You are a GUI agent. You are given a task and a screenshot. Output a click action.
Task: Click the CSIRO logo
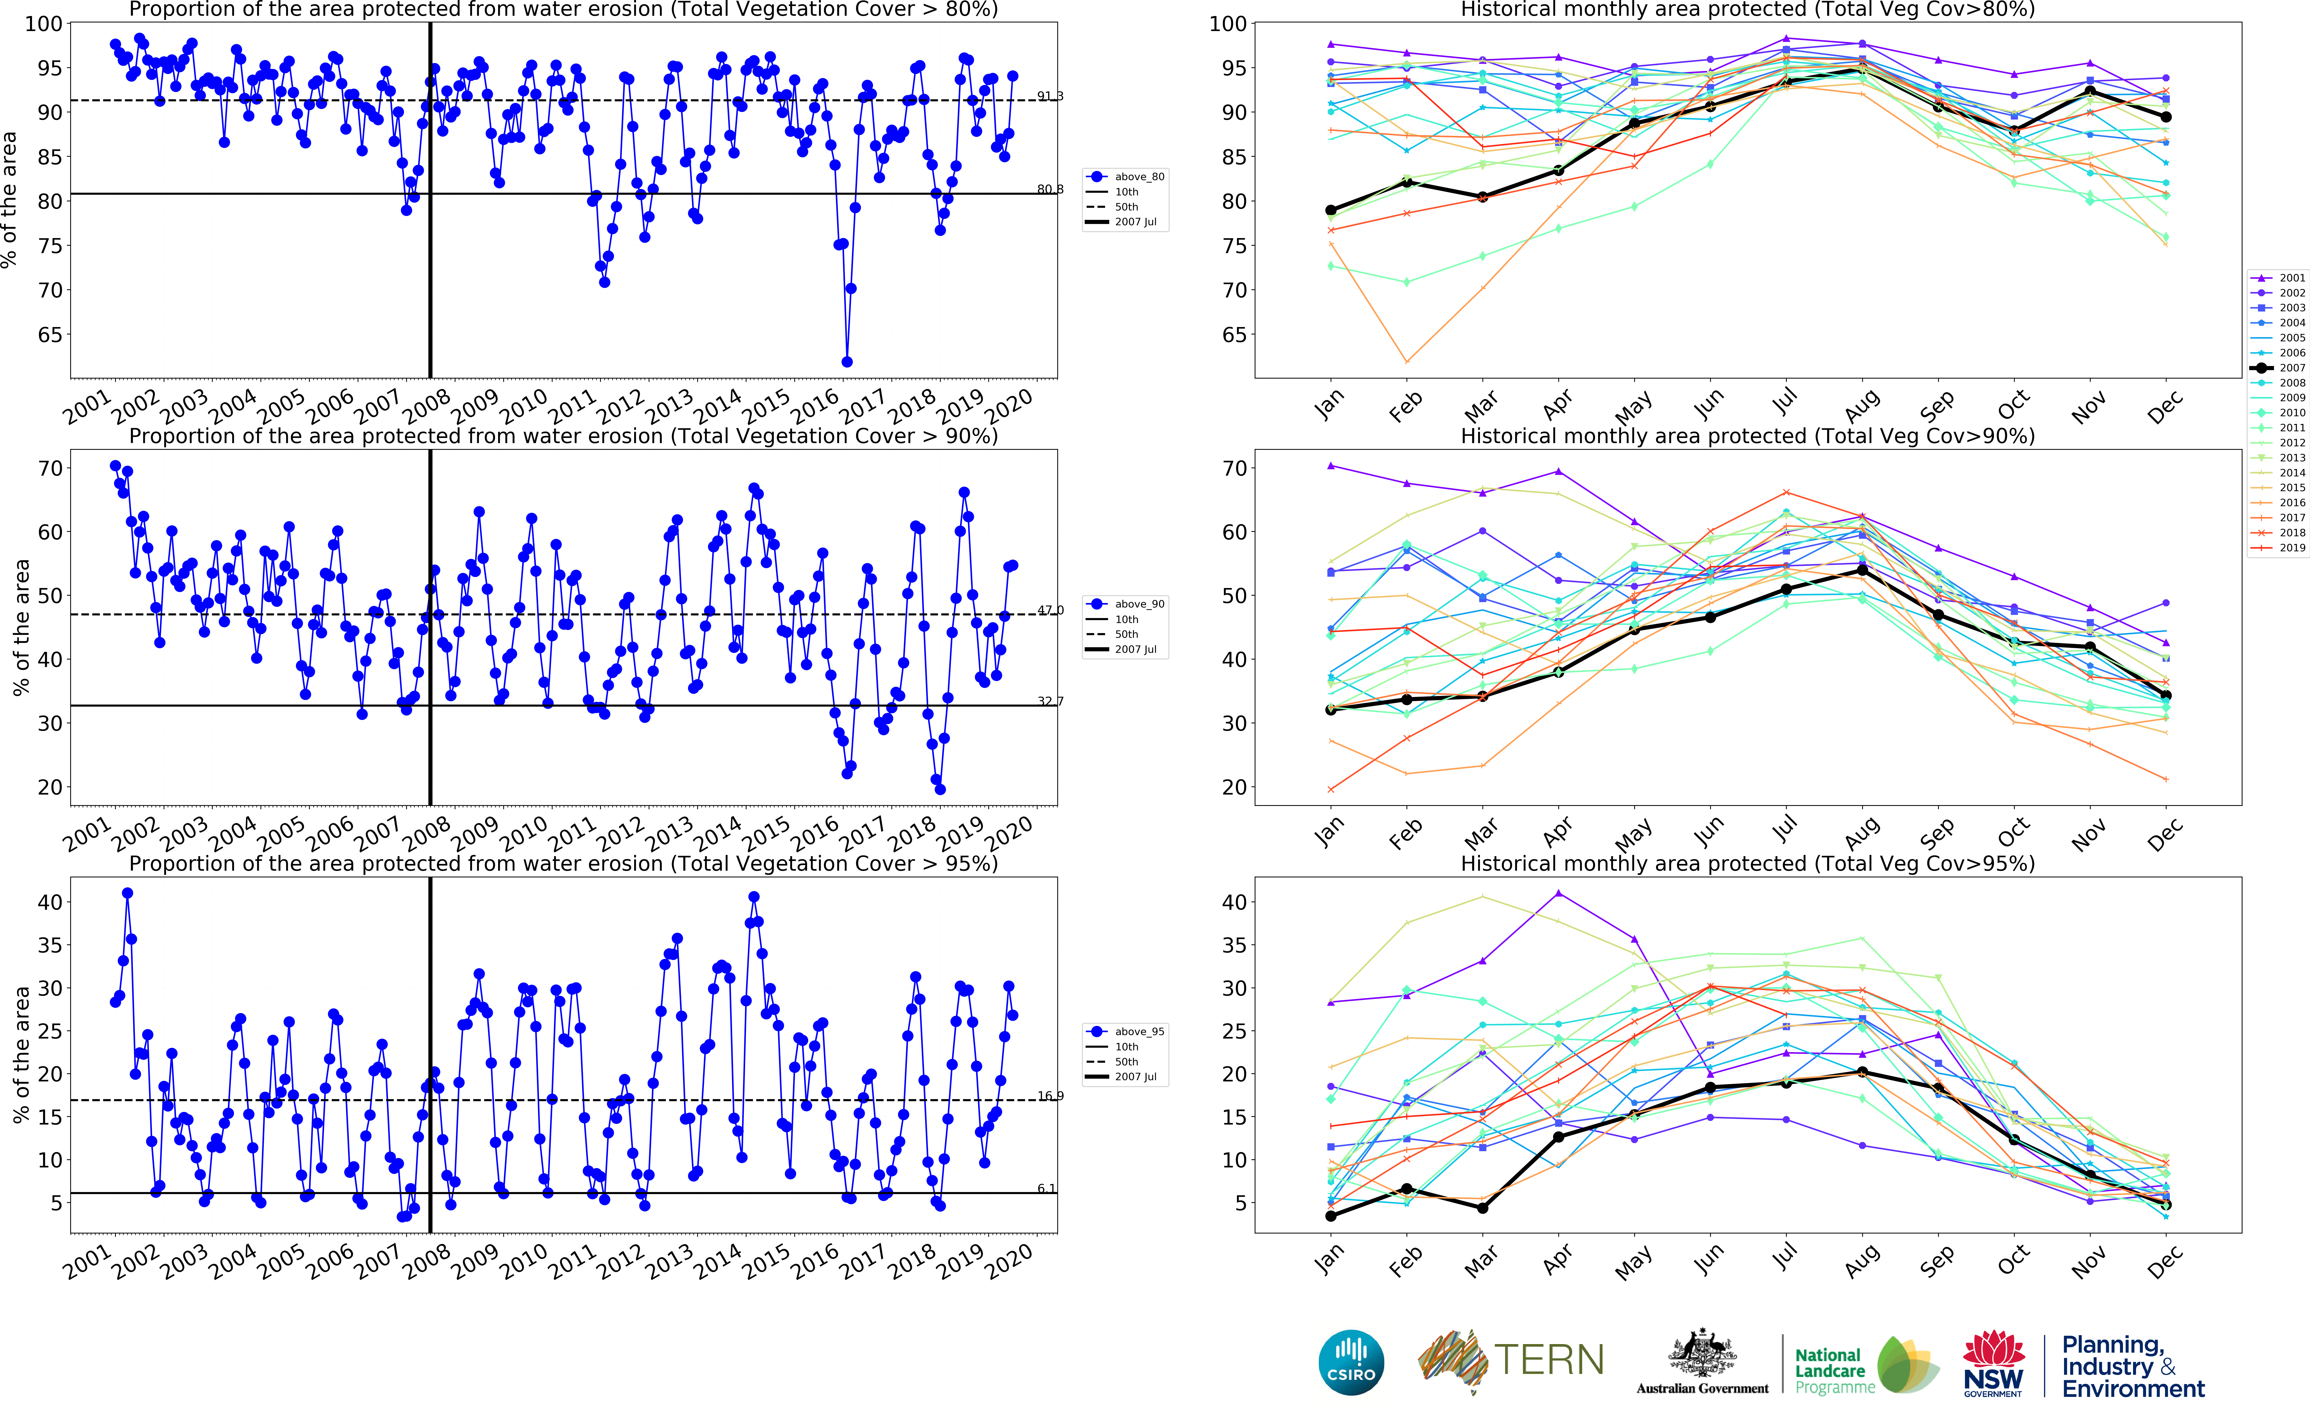click(x=1351, y=1362)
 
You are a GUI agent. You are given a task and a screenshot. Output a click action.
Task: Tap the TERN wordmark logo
click(x=1548, y=1360)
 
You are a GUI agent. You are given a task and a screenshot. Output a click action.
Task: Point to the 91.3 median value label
click(x=1050, y=96)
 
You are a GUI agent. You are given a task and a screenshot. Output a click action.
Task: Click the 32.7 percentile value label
click(x=1050, y=701)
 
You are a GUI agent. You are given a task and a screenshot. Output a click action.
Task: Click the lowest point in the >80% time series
click(x=847, y=361)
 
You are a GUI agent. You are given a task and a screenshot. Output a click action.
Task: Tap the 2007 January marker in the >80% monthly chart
click(x=1331, y=211)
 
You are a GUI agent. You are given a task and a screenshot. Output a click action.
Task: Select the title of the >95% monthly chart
click(x=1747, y=863)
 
